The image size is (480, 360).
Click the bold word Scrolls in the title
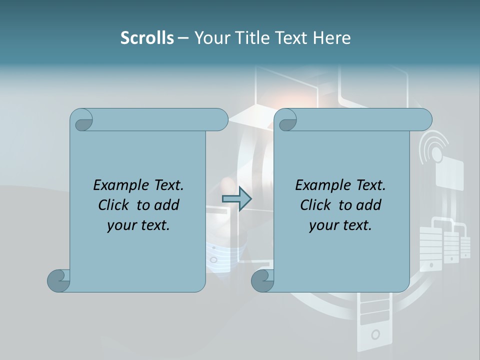(147, 38)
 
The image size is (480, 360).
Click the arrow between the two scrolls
(236, 199)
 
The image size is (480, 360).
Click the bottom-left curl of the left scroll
(58, 280)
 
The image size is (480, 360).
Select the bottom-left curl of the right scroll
(262, 280)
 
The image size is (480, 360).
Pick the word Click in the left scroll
(113, 205)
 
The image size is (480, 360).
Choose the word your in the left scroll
(121, 225)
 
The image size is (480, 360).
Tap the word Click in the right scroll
(315, 205)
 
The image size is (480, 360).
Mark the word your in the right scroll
(323, 225)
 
